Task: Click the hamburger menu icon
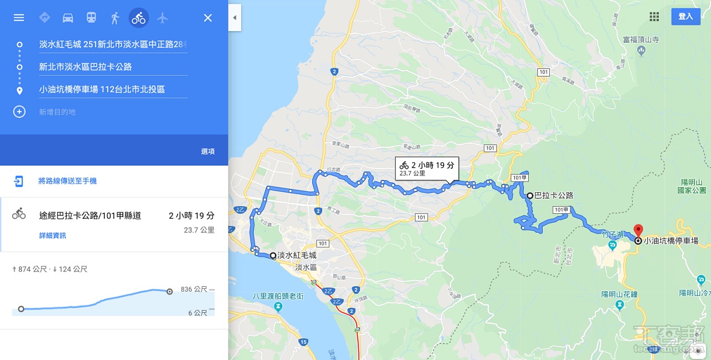(x=19, y=18)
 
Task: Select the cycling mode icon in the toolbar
(x=139, y=18)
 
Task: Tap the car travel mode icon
(x=68, y=18)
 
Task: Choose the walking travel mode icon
(x=115, y=18)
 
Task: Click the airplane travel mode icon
(x=162, y=18)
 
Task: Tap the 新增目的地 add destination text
(x=57, y=112)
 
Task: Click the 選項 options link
(x=208, y=152)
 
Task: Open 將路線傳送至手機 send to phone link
(x=67, y=181)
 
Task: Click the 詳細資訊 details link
(x=52, y=236)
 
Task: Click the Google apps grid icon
(x=654, y=17)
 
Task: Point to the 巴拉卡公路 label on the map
(x=553, y=196)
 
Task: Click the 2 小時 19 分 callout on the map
(x=427, y=168)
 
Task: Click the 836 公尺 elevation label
(x=194, y=289)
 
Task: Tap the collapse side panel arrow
(x=234, y=18)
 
